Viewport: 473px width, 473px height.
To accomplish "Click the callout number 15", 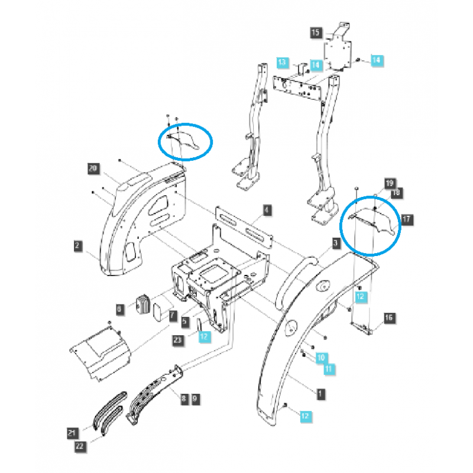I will [315, 33].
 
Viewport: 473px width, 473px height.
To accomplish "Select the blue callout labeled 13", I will [283, 62].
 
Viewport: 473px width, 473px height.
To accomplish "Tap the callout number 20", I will [92, 169].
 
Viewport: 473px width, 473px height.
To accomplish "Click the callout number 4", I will [267, 210].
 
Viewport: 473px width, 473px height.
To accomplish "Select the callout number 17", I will [407, 219].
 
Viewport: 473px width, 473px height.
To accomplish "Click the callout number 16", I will [388, 318].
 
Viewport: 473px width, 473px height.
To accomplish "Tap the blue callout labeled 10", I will [320, 358].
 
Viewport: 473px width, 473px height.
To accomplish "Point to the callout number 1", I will [320, 392].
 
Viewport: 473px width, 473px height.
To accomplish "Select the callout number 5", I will [184, 322].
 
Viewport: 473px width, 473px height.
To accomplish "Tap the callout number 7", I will [171, 316].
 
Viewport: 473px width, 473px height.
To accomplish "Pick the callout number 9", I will [195, 399].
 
